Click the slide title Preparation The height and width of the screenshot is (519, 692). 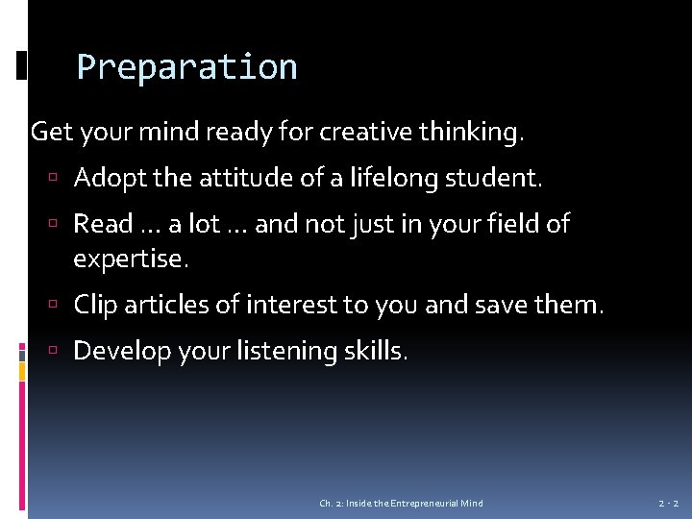[186, 68]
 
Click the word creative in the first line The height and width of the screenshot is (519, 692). [366, 132]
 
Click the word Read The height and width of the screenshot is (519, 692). [103, 224]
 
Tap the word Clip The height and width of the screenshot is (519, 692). [95, 306]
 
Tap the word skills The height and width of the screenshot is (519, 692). [376, 351]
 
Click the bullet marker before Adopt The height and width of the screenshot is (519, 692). [60, 179]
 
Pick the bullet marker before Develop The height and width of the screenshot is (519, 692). [60, 352]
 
